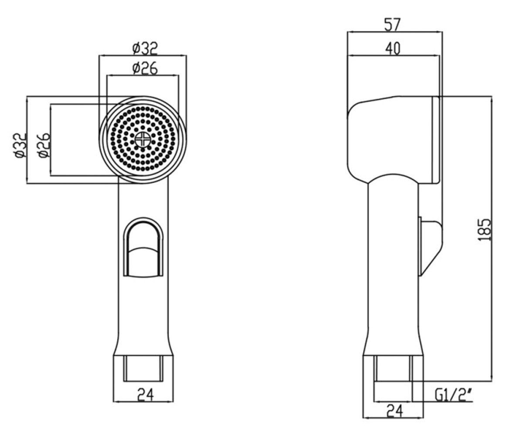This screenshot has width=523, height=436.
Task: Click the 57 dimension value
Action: pyautogui.click(x=393, y=24)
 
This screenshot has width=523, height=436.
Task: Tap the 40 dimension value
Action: pyautogui.click(x=393, y=48)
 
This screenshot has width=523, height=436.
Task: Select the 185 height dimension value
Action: pyautogui.click(x=484, y=230)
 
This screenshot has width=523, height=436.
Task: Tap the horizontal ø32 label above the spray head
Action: pyautogui.click(x=145, y=48)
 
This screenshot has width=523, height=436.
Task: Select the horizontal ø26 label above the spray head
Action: pyautogui.click(x=145, y=68)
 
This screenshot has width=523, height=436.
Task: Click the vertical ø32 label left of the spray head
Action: pyautogui.click(x=20, y=145)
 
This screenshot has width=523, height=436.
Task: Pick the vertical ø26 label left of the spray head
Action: pyautogui.click(x=44, y=145)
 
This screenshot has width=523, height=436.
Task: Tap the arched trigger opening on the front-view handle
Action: pyautogui.click(x=143, y=248)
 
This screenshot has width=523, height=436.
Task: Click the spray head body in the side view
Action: pyautogui.click(x=393, y=140)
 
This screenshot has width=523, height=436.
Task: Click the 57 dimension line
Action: pyautogui.click(x=395, y=32)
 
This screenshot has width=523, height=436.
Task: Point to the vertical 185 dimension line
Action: pyautogui.click(x=492, y=238)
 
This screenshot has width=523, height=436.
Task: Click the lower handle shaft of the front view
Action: pyautogui.click(x=143, y=316)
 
